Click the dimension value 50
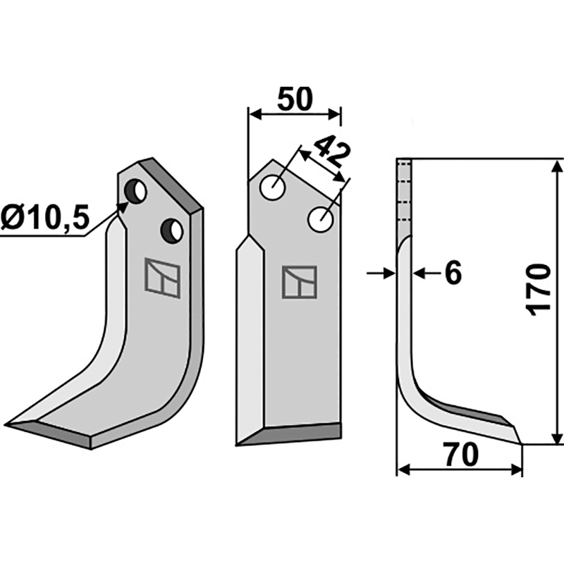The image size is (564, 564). (x=294, y=99)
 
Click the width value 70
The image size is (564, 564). (x=462, y=455)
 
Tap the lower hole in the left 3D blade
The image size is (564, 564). (x=172, y=230)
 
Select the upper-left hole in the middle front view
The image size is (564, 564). (x=272, y=188)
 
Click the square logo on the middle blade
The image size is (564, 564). (x=300, y=282)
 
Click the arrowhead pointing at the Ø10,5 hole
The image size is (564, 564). (x=124, y=206)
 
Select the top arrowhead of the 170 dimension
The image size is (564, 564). (x=556, y=166)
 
